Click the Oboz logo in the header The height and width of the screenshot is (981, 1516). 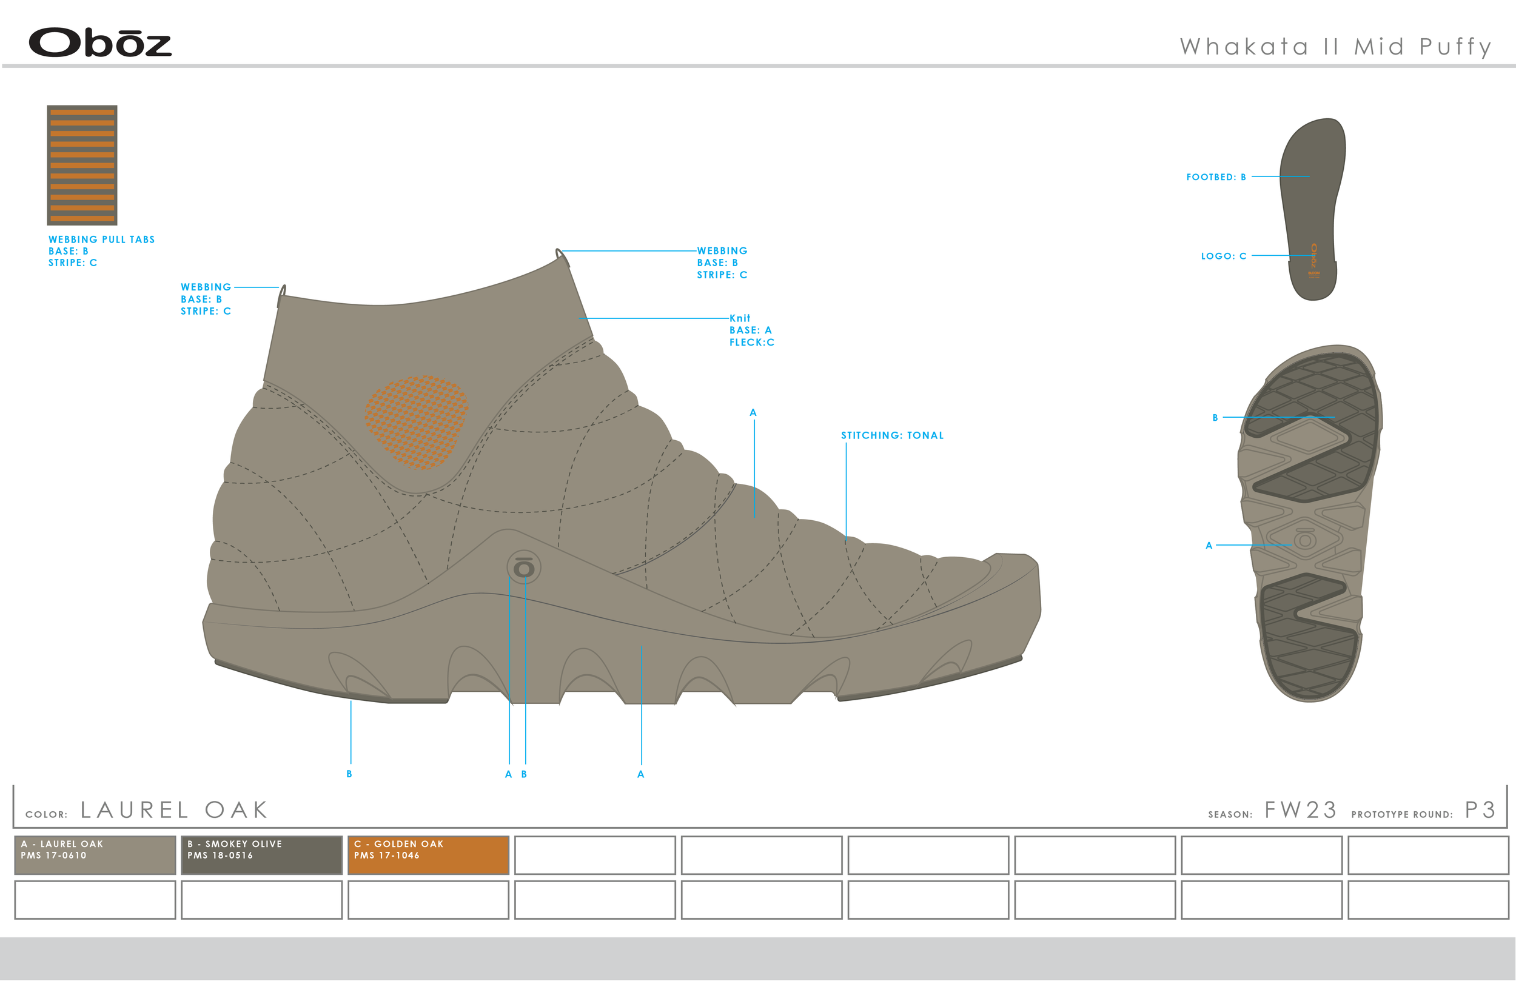[100, 42]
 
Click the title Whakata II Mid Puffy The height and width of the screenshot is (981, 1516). [1335, 47]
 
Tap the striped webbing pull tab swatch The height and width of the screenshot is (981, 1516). [82, 165]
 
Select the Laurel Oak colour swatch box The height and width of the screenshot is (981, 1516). [95, 855]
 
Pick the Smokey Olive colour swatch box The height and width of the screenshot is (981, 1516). [262, 855]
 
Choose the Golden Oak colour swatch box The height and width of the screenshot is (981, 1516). [428, 855]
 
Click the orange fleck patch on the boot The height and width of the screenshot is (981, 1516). [416, 422]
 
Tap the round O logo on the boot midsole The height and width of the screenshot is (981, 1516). [523, 567]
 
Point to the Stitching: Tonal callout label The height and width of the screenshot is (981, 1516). [892, 436]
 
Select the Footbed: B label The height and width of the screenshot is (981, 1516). [1215, 177]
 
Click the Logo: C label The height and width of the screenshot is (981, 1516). [1223, 256]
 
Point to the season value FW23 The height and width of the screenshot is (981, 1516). [1300, 810]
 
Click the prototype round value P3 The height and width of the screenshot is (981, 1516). [1480, 810]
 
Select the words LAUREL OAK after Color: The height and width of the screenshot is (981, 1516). [174, 810]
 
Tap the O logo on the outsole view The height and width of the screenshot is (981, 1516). [1304, 540]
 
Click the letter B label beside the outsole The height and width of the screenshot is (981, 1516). [1215, 418]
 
